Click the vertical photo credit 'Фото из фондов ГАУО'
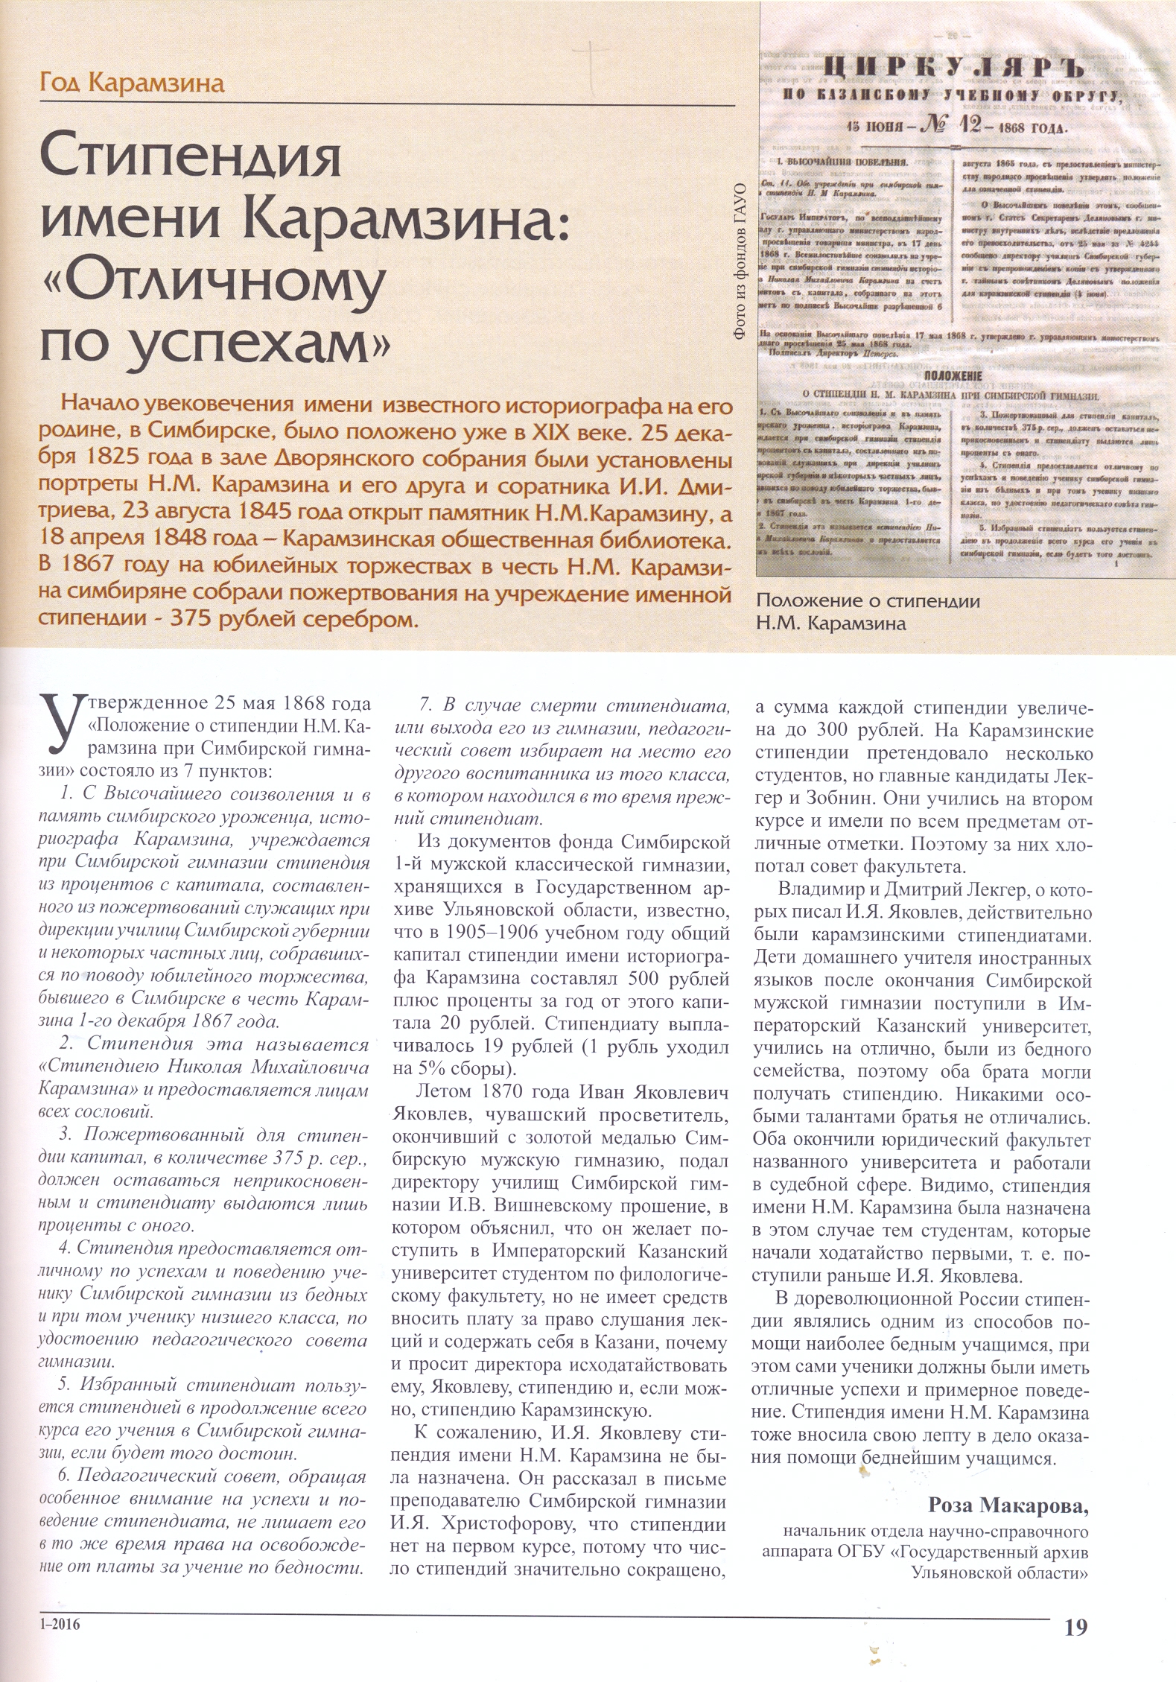pos(741,261)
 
